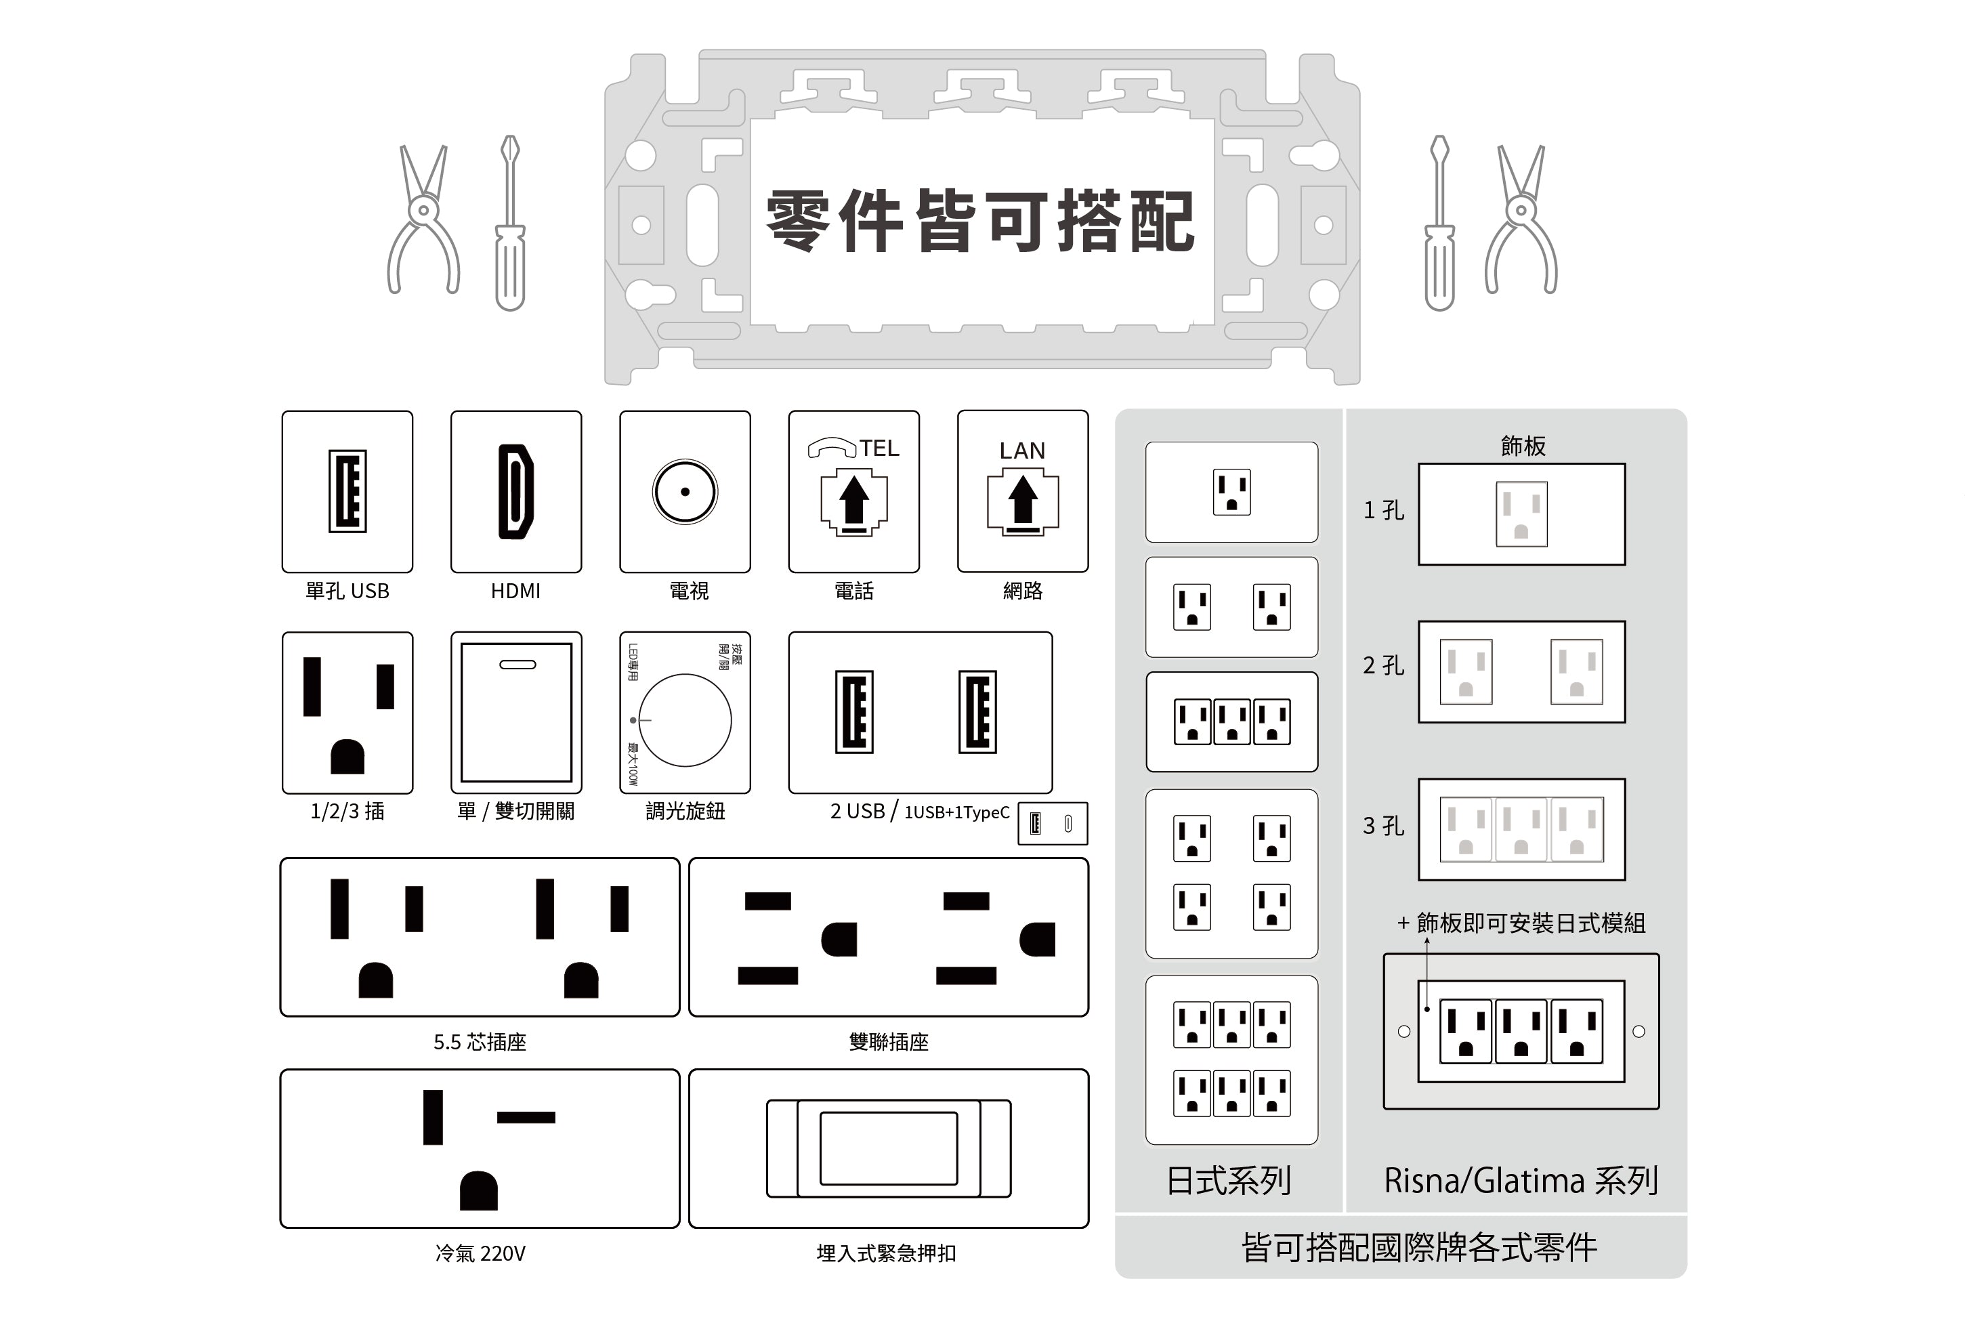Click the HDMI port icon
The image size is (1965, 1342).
pyautogui.click(x=515, y=491)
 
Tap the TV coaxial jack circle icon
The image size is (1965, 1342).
pyautogui.click(x=685, y=491)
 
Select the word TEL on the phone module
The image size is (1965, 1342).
pyautogui.click(x=879, y=448)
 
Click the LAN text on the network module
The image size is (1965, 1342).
pyautogui.click(x=1022, y=450)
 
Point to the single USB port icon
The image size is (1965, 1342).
pyautogui.click(x=347, y=491)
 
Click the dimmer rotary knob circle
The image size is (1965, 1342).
pyautogui.click(x=685, y=721)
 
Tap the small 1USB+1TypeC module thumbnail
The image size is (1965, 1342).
pyautogui.click(x=1053, y=824)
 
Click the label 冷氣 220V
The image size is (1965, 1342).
pyautogui.click(x=480, y=1253)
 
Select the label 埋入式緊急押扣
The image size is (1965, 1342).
pyautogui.click(x=886, y=1253)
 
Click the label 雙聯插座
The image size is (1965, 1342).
pyautogui.click(x=889, y=1042)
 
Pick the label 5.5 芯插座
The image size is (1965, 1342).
pyautogui.click(x=480, y=1042)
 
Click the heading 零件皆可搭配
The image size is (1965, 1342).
pyautogui.click(x=981, y=222)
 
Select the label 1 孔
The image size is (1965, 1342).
pyautogui.click(x=1383, y=511)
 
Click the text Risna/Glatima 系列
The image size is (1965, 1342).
pyautogui.click(x=1520, y=1181)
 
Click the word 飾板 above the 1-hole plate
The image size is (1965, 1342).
pyautogui.click(x=1523, y=446)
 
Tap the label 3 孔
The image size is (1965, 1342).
pyautogui.click(x=1383, y=826)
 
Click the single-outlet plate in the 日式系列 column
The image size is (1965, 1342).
pyautogui.click(x=1231, y=492)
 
